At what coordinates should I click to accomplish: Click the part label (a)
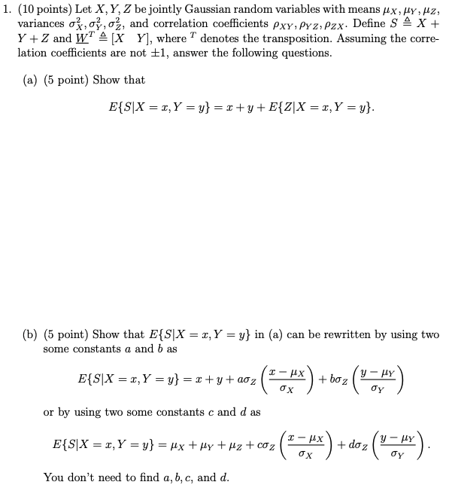(x=32, y=81)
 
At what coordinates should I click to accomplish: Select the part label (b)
(x=32, y=334)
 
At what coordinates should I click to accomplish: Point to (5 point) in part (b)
(x=71, y=334)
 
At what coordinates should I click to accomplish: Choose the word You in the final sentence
(x=53, y=477)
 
